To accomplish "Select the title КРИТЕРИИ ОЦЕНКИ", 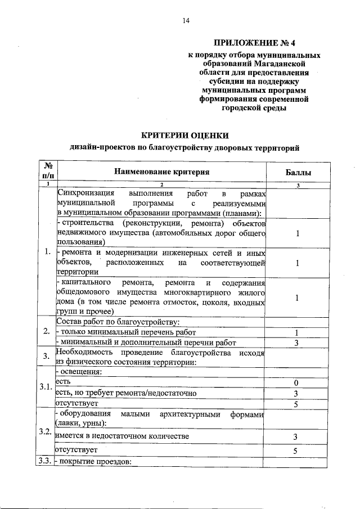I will click(x=184, y=135).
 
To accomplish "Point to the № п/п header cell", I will click(x=48, y=172).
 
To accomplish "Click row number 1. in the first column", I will click(x=48, y=251).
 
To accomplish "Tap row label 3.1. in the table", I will click(x=46, y=388).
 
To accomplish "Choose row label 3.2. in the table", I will click(x=46, y=432).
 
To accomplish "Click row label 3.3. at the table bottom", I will click(x=46, y=462).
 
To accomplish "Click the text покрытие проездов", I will click(x=95, y=462).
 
